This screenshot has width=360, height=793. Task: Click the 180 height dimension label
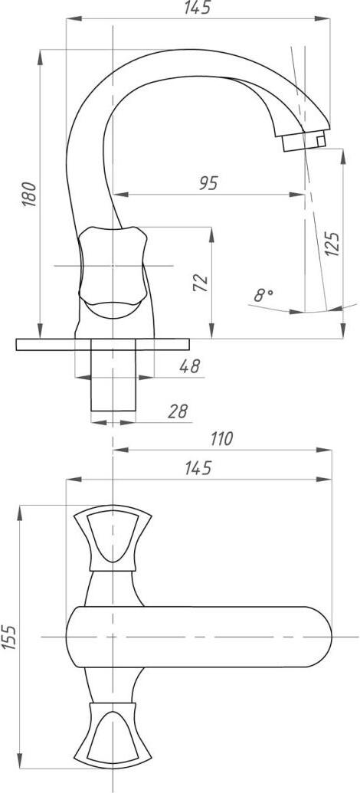[x=30, y=194]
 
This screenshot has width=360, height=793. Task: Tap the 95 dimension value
[x=208, y=183]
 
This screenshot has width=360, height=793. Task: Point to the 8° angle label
[x=263, y=295]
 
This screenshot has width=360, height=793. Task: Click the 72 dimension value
[x=201, y=283]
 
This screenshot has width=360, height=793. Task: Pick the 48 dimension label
[x=190, y=365]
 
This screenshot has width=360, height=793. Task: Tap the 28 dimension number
[x=178, y=411]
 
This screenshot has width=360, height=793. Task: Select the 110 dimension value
[x=221, y=438]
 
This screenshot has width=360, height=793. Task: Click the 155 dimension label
[x=9, y=637]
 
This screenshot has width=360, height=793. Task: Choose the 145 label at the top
[x=197, y=8]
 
